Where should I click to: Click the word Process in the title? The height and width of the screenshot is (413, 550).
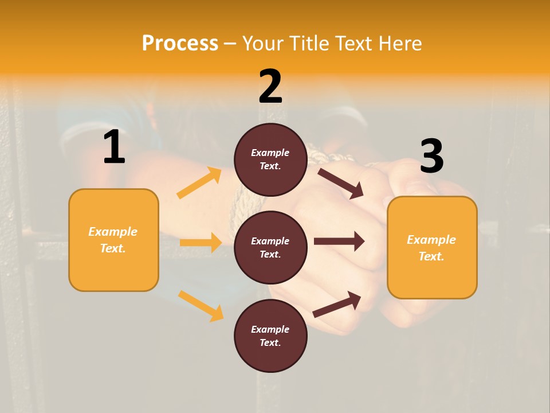[x=180, y=43]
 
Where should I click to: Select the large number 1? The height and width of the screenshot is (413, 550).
[x=114, y=147]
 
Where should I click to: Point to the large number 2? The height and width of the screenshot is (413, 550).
[x=270, y=87]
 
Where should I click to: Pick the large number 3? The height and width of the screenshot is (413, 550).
[x=431, y=156]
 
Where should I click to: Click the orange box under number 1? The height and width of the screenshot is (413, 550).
[x=113, y=240]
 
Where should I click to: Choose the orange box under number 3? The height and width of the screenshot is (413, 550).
[x=432, y=247]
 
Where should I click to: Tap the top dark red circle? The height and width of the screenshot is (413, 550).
[x=270, y=159]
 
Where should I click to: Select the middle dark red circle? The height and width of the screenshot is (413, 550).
[x=270, y=247]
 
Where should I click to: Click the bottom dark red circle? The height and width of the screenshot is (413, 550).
[x=270, y=336]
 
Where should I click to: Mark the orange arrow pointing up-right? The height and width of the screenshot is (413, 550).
[x=199, y=183]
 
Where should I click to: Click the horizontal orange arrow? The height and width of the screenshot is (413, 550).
[x=201, y=243]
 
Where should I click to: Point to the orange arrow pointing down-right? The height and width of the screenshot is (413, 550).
[x=201, y=306]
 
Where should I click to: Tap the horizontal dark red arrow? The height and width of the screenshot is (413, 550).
[x=339, y=241]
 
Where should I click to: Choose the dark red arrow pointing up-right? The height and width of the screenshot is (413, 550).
[x=337, y=304]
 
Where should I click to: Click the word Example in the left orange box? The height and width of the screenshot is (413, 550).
[x=113, y=232]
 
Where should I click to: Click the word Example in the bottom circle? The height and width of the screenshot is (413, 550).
[x=270, y=329]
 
